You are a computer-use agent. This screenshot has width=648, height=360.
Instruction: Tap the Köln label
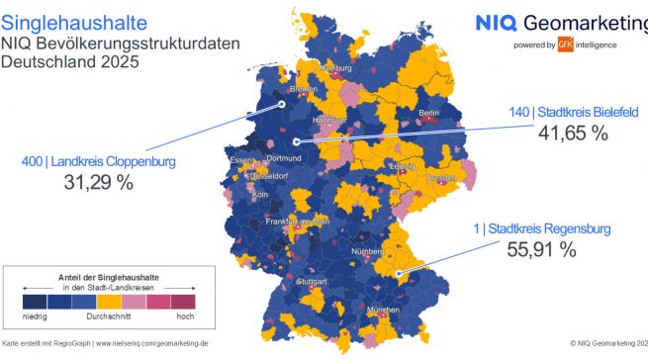[260, 195]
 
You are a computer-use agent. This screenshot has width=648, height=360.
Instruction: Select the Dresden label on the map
[441, 179]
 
